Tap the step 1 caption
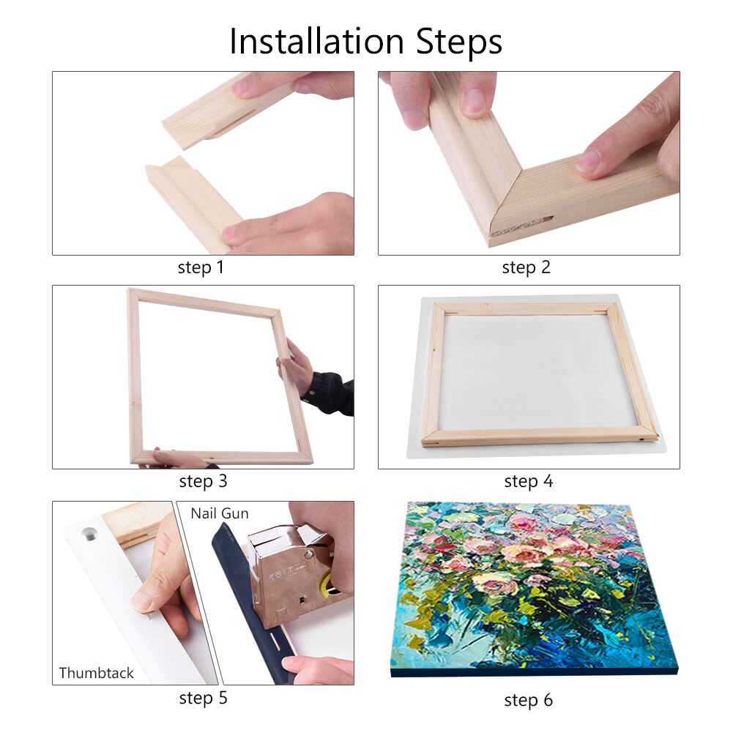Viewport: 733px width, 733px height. pyautogui.click(x=201, y=267)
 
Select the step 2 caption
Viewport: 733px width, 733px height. pyautogui.click(x=526, y=267)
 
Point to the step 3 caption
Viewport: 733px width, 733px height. pyautogui.click(x=203, y=481)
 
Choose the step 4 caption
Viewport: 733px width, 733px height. pyautogui.click(x=528, y=481)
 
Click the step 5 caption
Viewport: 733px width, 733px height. pyautogui.click(x=203, y=698)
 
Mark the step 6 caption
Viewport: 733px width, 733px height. pyautogui.click(x=528, y=700)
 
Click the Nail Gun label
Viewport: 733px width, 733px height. pyautogui.click(x=220, y=513)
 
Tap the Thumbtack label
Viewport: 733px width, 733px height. pyautogui.click(x=97, y=672)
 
